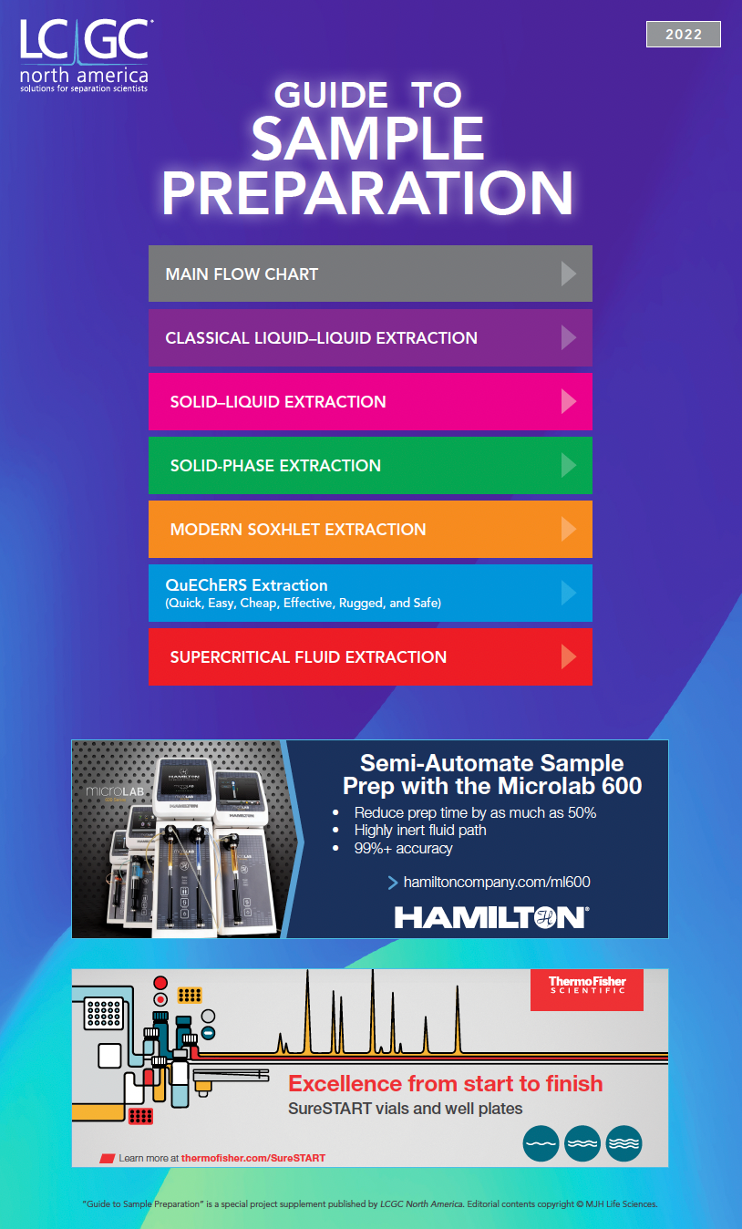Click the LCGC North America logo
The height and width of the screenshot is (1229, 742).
point(84,55)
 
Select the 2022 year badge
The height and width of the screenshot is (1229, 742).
point(683,35)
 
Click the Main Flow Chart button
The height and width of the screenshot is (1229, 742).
point(370,274)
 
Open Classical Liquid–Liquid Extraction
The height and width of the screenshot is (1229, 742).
point(370,337)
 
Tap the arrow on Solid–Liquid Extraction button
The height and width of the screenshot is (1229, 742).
point(568,401)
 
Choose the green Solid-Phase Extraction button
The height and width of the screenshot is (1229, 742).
point(370,465)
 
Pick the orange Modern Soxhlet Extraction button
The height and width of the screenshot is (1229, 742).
point(370,529)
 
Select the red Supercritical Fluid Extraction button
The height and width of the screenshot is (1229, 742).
point(370,656)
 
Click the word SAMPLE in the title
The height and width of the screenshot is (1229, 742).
point(367,139)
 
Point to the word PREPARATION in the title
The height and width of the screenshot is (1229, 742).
point(367,193)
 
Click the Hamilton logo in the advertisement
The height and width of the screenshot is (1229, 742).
point(491,916)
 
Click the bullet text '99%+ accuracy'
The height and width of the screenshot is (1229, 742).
point(403,848)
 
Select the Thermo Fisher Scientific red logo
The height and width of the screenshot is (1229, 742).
point(586,989)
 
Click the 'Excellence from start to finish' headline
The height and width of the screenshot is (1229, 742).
point(445,1083)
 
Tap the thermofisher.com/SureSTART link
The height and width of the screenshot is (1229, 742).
point(252,1158)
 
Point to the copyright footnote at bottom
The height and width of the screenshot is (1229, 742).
point(370,1203)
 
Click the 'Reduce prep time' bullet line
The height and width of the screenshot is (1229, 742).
point(474,812)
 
